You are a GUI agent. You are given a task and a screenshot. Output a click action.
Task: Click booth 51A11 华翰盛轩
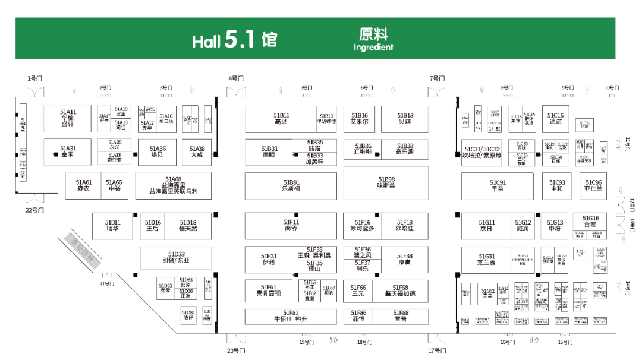[68, 118]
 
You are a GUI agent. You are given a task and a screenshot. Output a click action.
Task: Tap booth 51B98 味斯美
[386, 182]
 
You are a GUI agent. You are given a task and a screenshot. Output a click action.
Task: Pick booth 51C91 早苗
[498, 185]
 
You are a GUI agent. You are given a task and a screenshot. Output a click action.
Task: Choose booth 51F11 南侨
[291, 225]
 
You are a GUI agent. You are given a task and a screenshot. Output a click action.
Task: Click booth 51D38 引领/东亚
[176, 257]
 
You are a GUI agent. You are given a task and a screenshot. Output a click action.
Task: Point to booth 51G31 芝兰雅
[486, 260]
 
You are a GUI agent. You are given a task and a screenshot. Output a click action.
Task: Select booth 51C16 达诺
[555, 118]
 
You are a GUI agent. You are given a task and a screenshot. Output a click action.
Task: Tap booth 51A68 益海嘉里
[174, 185]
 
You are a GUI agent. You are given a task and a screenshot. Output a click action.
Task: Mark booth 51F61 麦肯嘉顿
[268, 290]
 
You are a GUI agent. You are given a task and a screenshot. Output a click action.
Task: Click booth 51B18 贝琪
[405, 118]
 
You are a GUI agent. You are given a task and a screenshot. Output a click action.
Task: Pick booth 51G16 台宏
[590, 222]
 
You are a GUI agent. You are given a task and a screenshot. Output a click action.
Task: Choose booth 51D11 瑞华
[112, 225]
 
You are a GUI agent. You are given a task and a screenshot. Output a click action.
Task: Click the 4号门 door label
[236, 78]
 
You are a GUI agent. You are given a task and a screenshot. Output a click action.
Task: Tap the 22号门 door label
[34, 210]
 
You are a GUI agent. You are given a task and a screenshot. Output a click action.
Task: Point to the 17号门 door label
[437, 350]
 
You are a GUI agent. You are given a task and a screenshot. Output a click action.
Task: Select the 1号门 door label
[35, 78]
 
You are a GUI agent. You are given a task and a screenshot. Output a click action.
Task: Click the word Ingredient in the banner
[373, 47]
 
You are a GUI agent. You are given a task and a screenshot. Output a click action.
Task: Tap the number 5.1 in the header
[240, 40]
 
